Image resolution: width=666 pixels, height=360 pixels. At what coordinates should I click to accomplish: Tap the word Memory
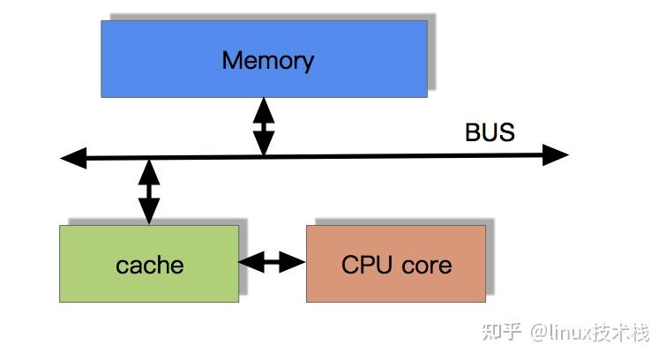coord(267,60)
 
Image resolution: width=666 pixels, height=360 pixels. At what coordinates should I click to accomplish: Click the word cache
coord(149,265)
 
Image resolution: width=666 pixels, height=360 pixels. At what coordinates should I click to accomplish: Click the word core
coord(423,265)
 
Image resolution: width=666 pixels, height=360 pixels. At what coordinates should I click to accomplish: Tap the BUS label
coord(490,132)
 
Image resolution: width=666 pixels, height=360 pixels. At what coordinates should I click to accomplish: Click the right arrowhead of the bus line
coord(556,156)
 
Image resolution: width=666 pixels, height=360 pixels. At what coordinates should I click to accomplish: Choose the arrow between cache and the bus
coord(149,190)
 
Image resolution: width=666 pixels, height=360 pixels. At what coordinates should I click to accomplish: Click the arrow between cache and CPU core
coord(272,261)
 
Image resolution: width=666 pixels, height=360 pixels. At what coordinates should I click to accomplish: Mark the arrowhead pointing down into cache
coord(149,213)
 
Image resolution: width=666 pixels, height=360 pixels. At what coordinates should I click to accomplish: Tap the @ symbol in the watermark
coord(539,333)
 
